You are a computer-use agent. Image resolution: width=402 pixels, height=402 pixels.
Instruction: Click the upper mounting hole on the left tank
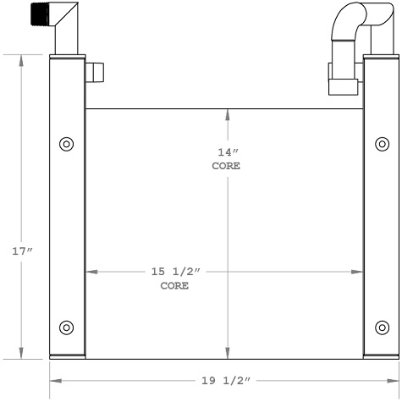tap(66, 144)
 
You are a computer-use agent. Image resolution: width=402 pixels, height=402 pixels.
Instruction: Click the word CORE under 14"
tap(226, 166)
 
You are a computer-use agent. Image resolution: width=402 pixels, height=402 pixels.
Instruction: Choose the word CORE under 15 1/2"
tap(174, 286)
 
